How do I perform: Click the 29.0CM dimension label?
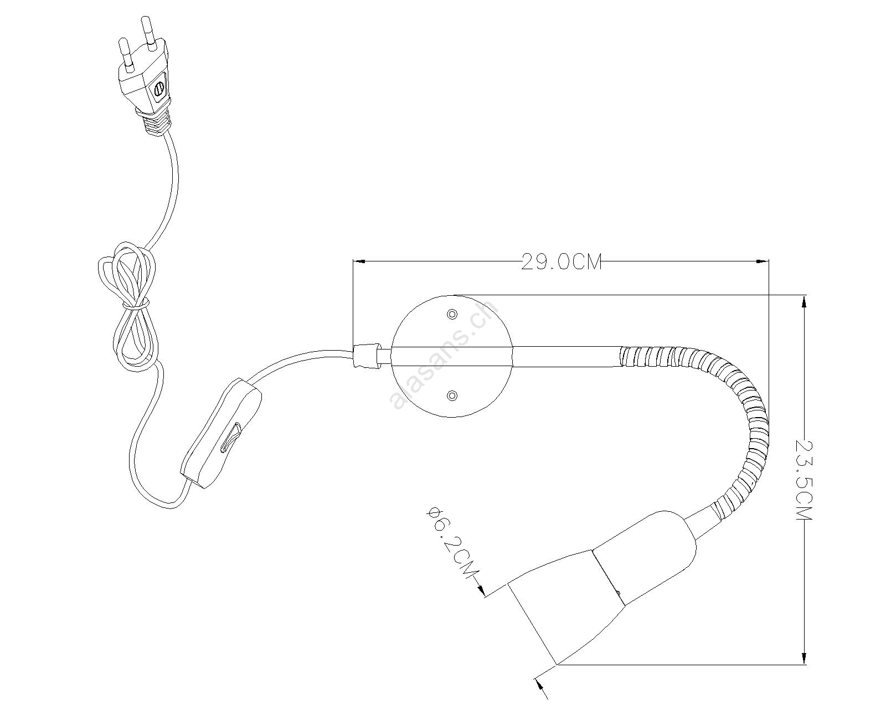click(x=561, y=261)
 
